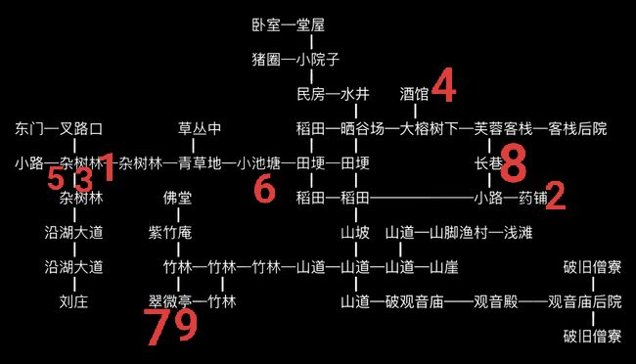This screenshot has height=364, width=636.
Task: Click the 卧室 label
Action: point(266,25)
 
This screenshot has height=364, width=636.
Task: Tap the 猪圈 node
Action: point(266,60)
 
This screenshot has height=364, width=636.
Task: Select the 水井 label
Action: point(355,94)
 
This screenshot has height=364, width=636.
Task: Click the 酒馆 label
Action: point(414,94)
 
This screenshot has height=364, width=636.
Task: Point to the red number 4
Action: point(444,85)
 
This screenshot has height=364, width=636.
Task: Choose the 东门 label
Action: point(29,128)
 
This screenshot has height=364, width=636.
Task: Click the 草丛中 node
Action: point(200,128)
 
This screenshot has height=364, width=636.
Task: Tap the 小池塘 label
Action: point(258,163)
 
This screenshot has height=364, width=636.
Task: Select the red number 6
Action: point(265,189)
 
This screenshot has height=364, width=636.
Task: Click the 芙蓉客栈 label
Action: point(503,128)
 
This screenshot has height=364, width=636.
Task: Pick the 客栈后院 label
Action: point(577,128)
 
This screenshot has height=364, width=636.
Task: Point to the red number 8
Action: point(514,163)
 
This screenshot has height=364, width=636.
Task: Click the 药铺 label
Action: point(534,198)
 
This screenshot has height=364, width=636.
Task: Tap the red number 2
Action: point(556,196)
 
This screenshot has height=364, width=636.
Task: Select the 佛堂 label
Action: point(178,198)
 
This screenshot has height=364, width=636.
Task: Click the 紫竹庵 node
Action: point(170,233)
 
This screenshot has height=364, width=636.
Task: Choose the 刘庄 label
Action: point(73,301)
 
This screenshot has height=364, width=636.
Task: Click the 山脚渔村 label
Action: point(459,233)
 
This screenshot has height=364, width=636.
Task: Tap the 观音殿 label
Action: point(496,301)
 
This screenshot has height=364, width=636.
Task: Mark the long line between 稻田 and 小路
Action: point(422,198)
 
